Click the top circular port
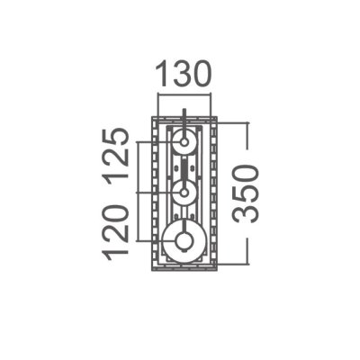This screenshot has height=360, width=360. click(x=184, y=142)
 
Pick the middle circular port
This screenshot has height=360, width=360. click(x=184, y=193)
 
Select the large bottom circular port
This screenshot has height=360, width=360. click(x=184, y=239)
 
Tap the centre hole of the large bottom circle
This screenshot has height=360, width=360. click(x=184, y=239)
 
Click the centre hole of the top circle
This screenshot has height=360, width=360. click(x=184, y=142)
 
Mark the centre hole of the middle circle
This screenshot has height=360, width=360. click(x=184, y=193)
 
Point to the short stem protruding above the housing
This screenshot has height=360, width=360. click(x=184, y=114)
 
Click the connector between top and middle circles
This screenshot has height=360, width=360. click(x=184, y=168)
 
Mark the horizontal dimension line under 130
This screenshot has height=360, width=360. click(x=184, y=94)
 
